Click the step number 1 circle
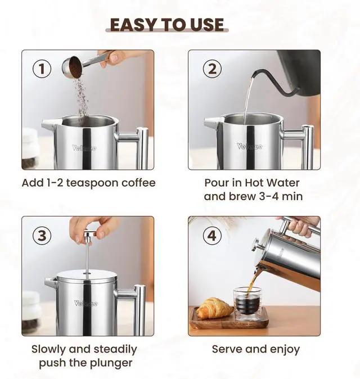point(41,69)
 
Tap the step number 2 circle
point(212,69)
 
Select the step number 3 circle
point(41,236)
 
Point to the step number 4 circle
point(212,236)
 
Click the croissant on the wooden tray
point(214,308)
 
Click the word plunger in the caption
point(110,363)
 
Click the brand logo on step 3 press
point(86,304)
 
